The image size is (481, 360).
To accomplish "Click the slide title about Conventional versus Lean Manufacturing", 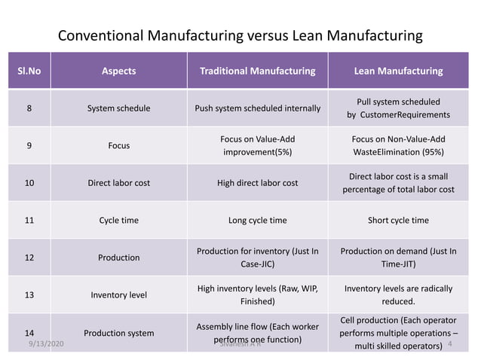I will point(240,35).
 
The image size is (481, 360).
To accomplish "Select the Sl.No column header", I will point(29,71).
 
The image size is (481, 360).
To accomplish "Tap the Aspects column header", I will point(118,71).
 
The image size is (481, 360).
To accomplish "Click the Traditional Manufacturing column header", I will point(257,71).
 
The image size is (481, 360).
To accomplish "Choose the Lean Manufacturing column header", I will point(398,71).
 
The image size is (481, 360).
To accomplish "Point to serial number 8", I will point(29,108).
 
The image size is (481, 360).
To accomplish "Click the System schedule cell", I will point(118,108).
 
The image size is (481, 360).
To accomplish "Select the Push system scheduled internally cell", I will point(257,108).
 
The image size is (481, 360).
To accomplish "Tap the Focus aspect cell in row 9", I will point(118,146).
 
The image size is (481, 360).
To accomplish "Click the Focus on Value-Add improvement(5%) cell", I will point(257,145).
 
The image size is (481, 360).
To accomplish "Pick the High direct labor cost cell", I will point(257,183).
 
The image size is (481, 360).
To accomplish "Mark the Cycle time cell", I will point(118,221).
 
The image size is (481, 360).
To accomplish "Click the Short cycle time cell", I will point(398,221).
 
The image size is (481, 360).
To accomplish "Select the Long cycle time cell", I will point(257,221).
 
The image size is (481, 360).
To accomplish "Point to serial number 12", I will point(29,258).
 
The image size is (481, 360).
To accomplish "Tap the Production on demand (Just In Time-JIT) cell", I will point(398,258).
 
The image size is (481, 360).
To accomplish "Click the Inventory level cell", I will point(118,295).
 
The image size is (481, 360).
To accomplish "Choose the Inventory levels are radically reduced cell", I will point(398,294).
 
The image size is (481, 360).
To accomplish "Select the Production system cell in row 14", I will point(118,333).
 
